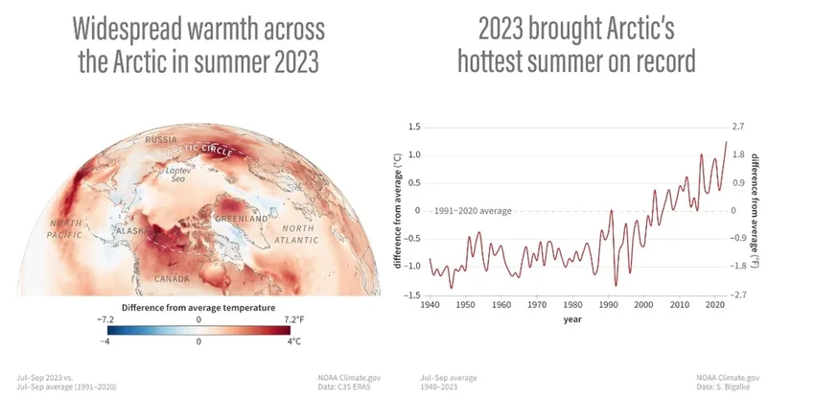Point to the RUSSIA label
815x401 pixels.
[161, 140]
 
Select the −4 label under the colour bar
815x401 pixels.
[106, 341]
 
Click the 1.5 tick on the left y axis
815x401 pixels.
[415, 127]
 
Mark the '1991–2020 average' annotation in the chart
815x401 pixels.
[473, 210]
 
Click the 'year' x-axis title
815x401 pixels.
[572, 318]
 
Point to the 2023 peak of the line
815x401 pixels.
[726, 142]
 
